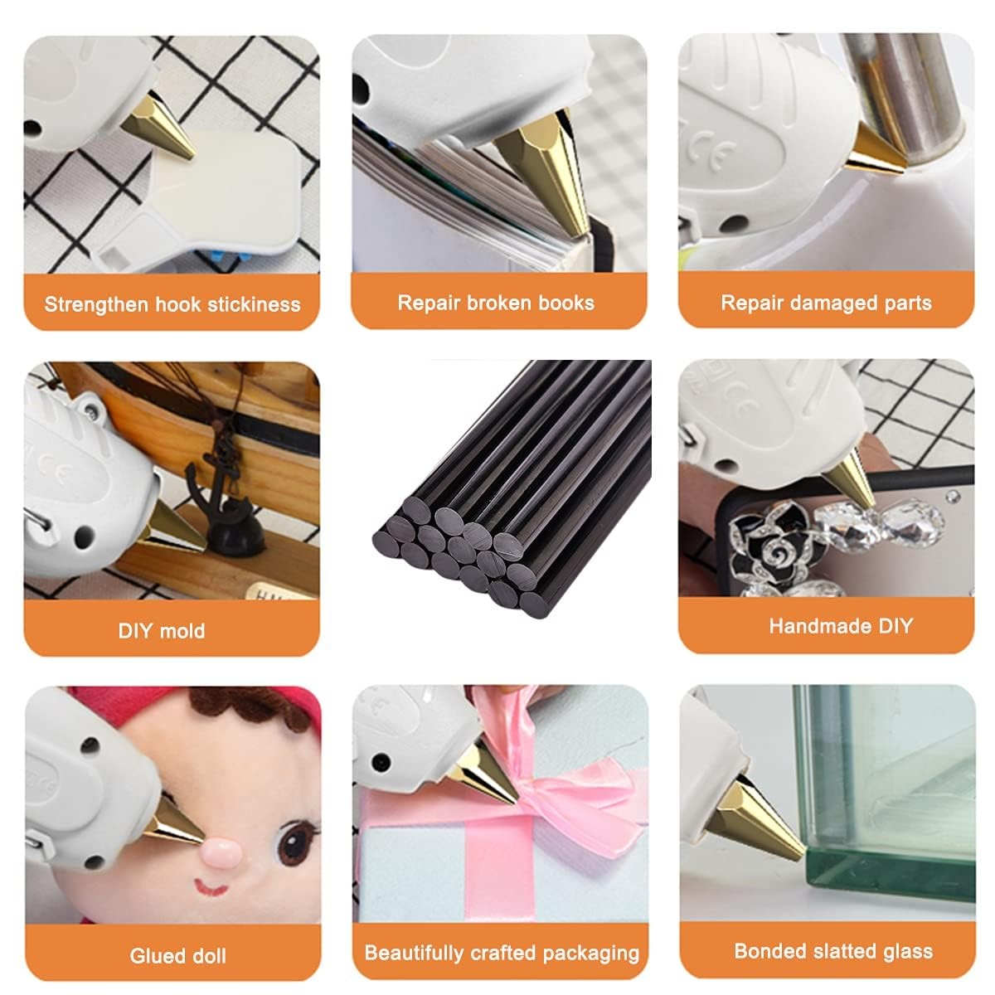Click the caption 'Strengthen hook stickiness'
coord(172,304)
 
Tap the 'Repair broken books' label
coord(496,303)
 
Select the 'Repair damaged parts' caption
coord(826,303)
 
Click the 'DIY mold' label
coord(162,630)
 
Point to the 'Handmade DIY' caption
coord(840,626)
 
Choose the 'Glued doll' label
coord(177,955)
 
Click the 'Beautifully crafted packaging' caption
coord(502,953)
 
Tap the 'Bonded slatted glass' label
coord(833,951)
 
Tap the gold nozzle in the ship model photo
coord(170,531)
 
